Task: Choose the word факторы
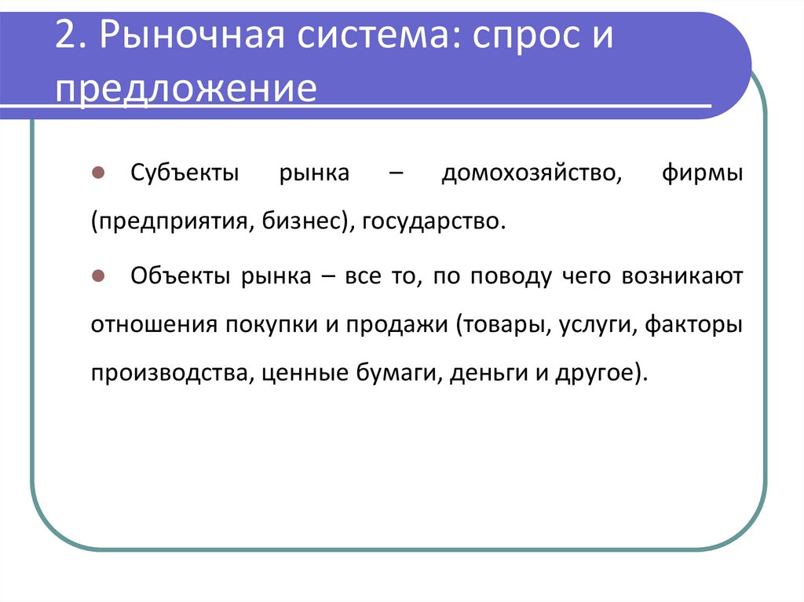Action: tap(693, 325)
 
